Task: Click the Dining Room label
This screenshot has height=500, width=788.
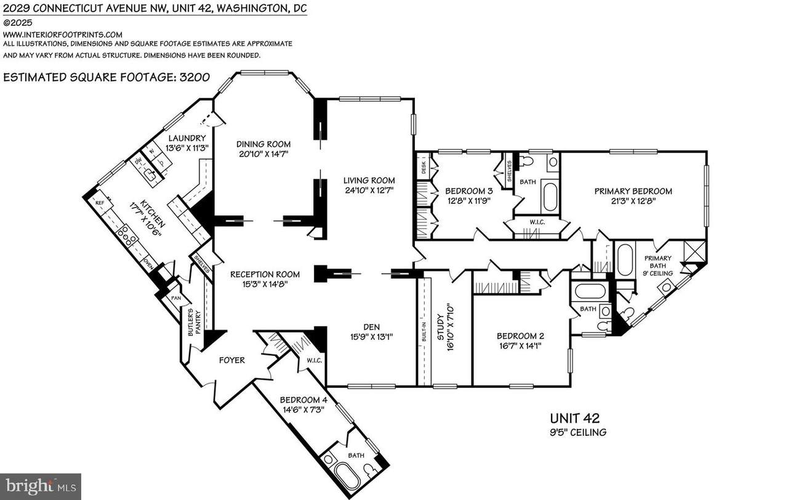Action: click(x=263, y=144)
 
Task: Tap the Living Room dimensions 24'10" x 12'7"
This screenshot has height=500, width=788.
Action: click(x=369, y=190)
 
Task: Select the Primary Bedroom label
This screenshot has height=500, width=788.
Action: click(x=633, y=191)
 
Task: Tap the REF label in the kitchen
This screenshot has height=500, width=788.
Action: click(x=98, y=201)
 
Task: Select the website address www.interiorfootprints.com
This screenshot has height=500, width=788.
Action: click(x=63, y=34)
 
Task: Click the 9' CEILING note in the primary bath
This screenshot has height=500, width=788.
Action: click(x=657, y=273)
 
